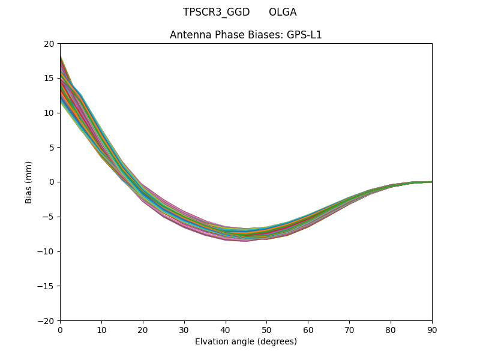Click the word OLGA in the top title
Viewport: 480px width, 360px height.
point(283,12)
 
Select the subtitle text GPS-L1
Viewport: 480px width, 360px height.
point(305,35)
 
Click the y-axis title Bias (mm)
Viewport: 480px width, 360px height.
point(29,182)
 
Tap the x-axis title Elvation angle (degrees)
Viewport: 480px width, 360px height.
point(246,342)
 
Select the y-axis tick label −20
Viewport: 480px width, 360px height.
point(47,320)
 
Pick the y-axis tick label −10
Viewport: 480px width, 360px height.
point(47,251)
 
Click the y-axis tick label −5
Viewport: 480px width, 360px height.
point(49,217)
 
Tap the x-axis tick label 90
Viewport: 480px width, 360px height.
point(432,329)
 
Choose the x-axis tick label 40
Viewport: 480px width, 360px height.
point(226,329)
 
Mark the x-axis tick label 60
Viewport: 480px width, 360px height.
point(308,329)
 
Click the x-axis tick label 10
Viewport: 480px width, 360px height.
point(101,329)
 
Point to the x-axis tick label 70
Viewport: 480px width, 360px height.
point(349,329)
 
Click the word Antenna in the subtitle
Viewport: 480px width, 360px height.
point(188,35)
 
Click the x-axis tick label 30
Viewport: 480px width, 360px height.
point(184,329)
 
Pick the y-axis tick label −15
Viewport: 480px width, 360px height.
point(47,286)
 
